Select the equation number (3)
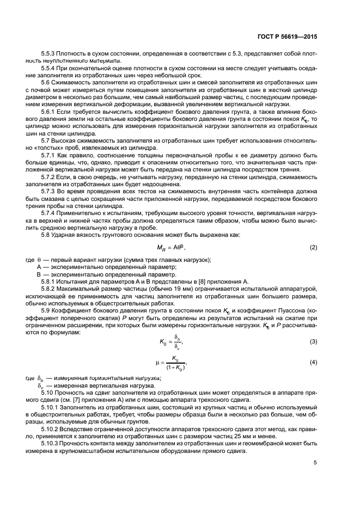click(313, 341)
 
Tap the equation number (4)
click(313, 362)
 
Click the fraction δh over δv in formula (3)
click(176, 341)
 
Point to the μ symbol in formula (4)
click(157, 362)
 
